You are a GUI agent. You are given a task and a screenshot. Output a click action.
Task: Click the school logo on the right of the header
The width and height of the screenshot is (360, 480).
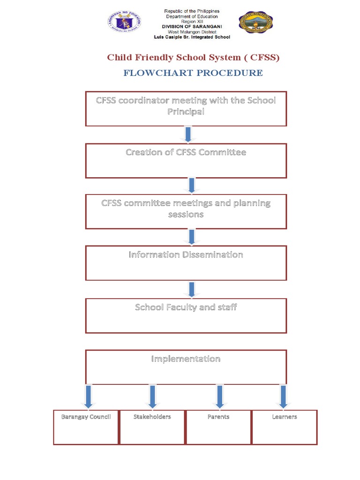pos(255,22)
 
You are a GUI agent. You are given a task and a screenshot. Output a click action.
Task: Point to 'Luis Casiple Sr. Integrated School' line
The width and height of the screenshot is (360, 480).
pos(192,37)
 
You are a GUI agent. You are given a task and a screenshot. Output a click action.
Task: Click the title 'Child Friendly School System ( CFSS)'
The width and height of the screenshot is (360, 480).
pos(193,58)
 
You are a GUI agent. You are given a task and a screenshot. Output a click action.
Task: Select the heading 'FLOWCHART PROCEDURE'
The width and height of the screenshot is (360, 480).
pos(193,73)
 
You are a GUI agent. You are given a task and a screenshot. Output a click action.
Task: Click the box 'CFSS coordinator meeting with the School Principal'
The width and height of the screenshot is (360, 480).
pos(186,109)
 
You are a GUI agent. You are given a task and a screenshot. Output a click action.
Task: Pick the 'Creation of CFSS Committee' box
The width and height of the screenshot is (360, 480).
pos(186,160)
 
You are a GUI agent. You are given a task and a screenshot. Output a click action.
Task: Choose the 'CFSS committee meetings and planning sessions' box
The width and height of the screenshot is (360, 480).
pos(186,211)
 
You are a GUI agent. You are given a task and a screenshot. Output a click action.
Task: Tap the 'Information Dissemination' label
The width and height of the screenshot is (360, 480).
pos(186,255)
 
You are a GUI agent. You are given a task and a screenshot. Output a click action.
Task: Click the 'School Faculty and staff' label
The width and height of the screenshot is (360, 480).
pos(186,307)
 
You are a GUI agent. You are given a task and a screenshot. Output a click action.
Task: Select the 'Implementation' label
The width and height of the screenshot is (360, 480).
pos(186,359)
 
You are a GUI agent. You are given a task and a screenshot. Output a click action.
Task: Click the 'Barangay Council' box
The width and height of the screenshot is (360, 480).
pos(86,427)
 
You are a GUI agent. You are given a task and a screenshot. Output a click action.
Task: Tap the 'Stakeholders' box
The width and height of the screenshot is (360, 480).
pos(152,427)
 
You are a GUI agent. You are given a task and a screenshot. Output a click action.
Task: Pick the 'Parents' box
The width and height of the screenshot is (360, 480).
pos(218,427)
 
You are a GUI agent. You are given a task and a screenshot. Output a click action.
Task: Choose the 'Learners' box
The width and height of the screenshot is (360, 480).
pos(285,427)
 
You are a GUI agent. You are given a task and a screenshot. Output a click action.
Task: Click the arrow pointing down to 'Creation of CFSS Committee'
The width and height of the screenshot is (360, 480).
pos(188,134)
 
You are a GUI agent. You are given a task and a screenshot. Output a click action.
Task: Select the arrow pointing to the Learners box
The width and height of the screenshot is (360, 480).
pos(283,397)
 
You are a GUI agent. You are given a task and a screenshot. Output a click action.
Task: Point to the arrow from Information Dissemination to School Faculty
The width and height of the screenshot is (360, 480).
pos(191,289)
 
